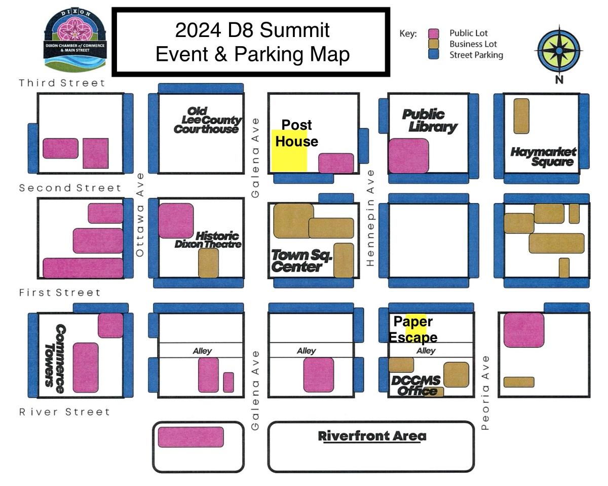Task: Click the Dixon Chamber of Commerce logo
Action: (75, 40)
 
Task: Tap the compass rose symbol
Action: (559, 50)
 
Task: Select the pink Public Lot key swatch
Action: (433, 33)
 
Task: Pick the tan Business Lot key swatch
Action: (433, 44)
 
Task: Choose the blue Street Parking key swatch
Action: (433, 55)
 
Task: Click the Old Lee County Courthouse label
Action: (206, 120)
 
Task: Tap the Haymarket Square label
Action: (543, 157)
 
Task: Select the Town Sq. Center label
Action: (302, 260)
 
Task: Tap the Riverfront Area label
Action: (372, 436)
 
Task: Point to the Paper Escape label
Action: (413, 329)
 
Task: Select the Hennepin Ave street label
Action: (370, 218)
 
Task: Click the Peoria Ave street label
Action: (485, 393)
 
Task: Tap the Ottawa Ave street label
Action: (140, 214)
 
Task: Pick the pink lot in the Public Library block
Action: (408, 156)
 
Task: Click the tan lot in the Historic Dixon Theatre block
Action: (208, 263)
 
